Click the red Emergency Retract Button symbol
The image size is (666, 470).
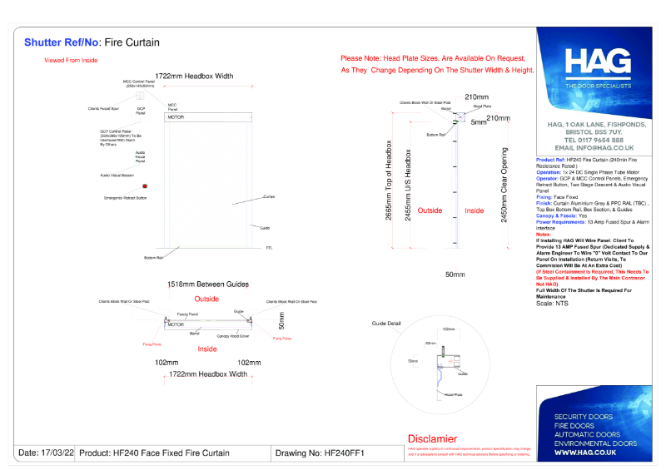[x=145, y=186]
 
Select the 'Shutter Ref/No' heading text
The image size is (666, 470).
[x=62, y=42]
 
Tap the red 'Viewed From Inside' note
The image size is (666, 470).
[x=71, y=61]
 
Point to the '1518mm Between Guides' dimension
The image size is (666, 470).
[x=208, y=284]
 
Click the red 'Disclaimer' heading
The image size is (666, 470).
[x=432, y=438]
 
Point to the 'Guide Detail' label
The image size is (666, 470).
[x=386, y=323]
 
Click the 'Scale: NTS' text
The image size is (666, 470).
[x=551, y=304]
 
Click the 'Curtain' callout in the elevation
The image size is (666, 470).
[x=269, y=196]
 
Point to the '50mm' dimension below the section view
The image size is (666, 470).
[x=455, y=275]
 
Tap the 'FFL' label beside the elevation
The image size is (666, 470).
[x=269, y=248]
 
